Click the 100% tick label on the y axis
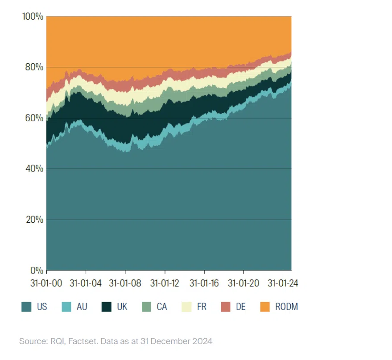pyautogui.click(x=32, y=16)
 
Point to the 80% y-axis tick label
pyautogui.click(x=34, y=67)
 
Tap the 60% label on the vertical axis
pyautogui.click(x=34, y=118)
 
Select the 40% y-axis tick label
pyautogui.click(x=34, y=169)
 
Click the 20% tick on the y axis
pyautogui.click(x=34, y=220)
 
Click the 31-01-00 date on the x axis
pyautogui.click(x=46, y=283)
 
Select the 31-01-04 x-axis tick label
pyautogui.click(x=86, y=283)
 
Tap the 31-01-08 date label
pyautogui.click(x=125, y=283)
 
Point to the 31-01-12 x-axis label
pyautogui.click(x=165, y=283)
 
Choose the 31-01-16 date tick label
pyautogui.click(x=204, y=283)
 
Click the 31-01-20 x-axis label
pyautogui.click(x=243, y=283)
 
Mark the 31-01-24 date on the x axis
pyautogui.click(x=283, y=283)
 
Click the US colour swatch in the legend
pyautogui.click(x=27, y=307)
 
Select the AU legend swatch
pyautogui.click(x=66, y=307)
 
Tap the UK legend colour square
pyautogui.click(x=106, y=307)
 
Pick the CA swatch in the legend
pyautogui.click(x=146, y=307)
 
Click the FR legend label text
pyautogui.click(x=201, y=307)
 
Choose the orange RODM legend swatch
pyautogui.click(x=265, y=307)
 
